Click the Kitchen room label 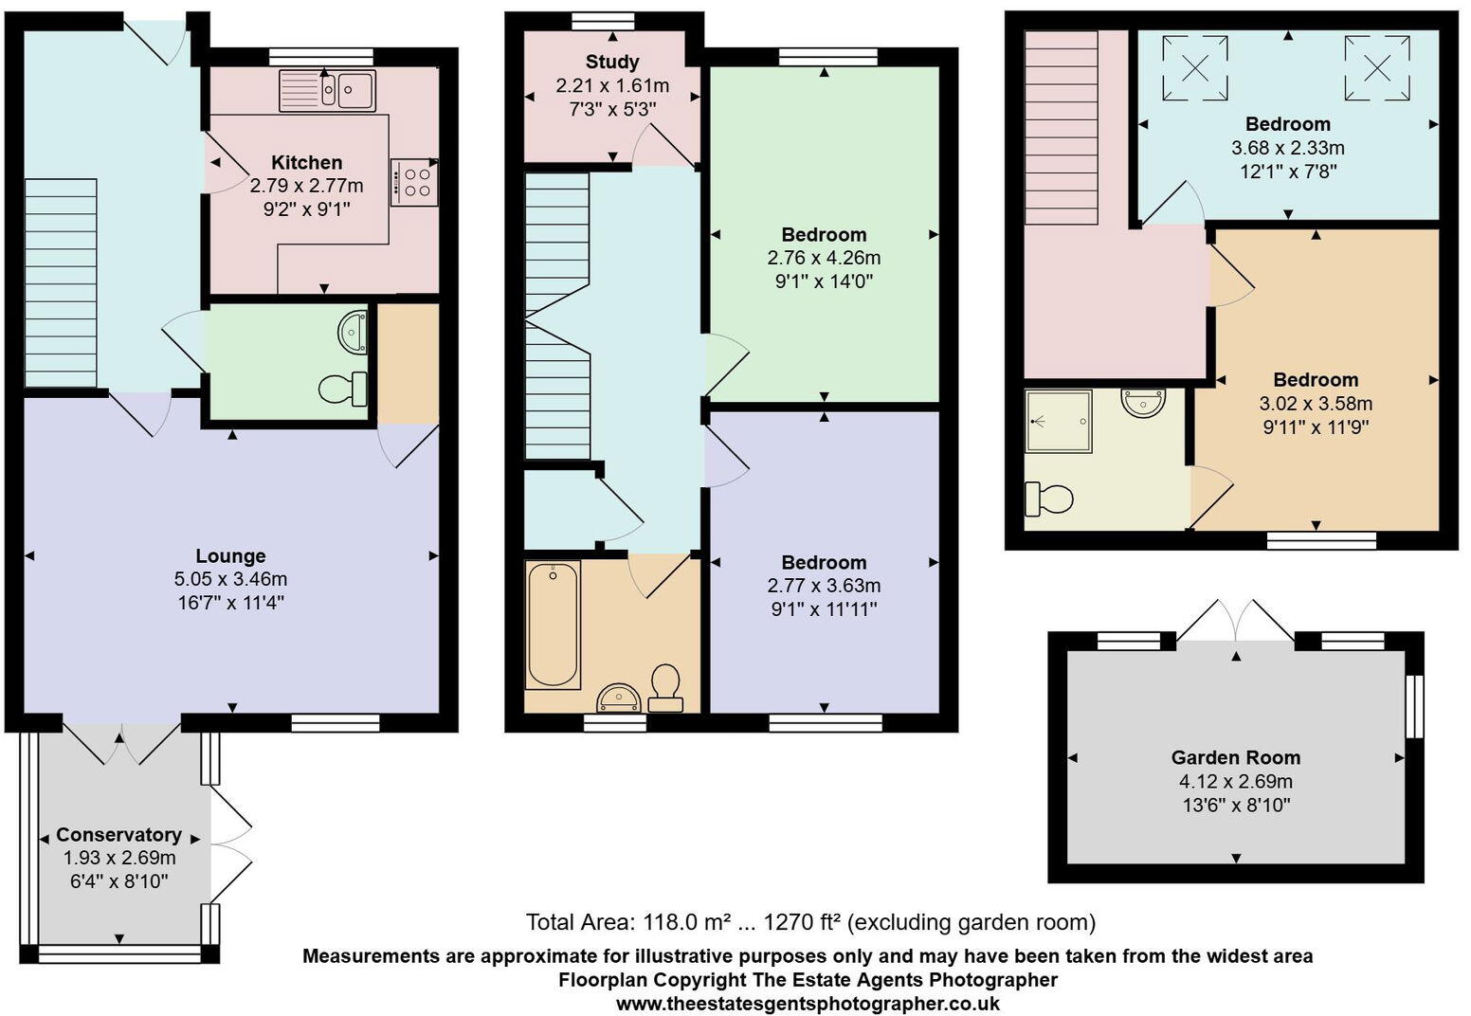coord(306,162)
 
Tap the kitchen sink coord(327,91)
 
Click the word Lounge coord(230,555)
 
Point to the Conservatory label coord(118,834)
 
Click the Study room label coord(612,63)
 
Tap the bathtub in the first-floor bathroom coord(553,625)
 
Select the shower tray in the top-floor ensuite coord(1058,421)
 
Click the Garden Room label coord(1235,757)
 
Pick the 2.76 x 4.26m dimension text coord(823,258)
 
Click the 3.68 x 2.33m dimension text coord(1287,148)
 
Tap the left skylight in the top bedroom coord(1195,67)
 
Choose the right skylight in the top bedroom coord(1376,67)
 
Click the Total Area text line coord(810,921)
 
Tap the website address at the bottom coord(808,1003)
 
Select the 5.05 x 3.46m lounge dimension coord(230,579)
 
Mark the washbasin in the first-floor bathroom coord(619,699)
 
